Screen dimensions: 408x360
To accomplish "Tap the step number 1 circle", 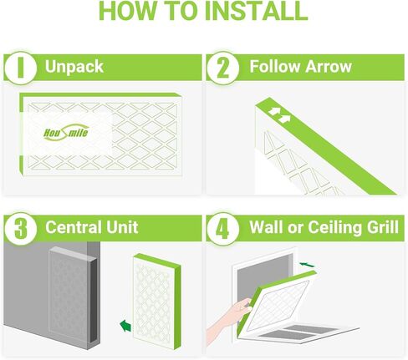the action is [x=20, y=68].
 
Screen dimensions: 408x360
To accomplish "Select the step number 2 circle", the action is [x=223, y=68].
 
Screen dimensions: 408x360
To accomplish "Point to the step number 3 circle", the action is [x=20, y=229].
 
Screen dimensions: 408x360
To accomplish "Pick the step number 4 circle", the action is [x=223, y=229].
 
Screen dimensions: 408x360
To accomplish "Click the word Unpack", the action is [x=74, y=68].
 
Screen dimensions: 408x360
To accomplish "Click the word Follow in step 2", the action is [x=275, y=67].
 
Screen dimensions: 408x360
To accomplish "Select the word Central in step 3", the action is [x=74, y=227].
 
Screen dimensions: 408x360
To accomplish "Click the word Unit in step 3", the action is [x=122, y=227].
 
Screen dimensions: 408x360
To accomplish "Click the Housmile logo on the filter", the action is [x=66, y=132].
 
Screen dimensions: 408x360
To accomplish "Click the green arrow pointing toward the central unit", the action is [x=125, y=326].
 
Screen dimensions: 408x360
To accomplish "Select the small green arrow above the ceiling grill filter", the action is [x=307, y=265].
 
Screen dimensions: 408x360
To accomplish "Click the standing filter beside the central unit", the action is [x=157, y=302].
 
